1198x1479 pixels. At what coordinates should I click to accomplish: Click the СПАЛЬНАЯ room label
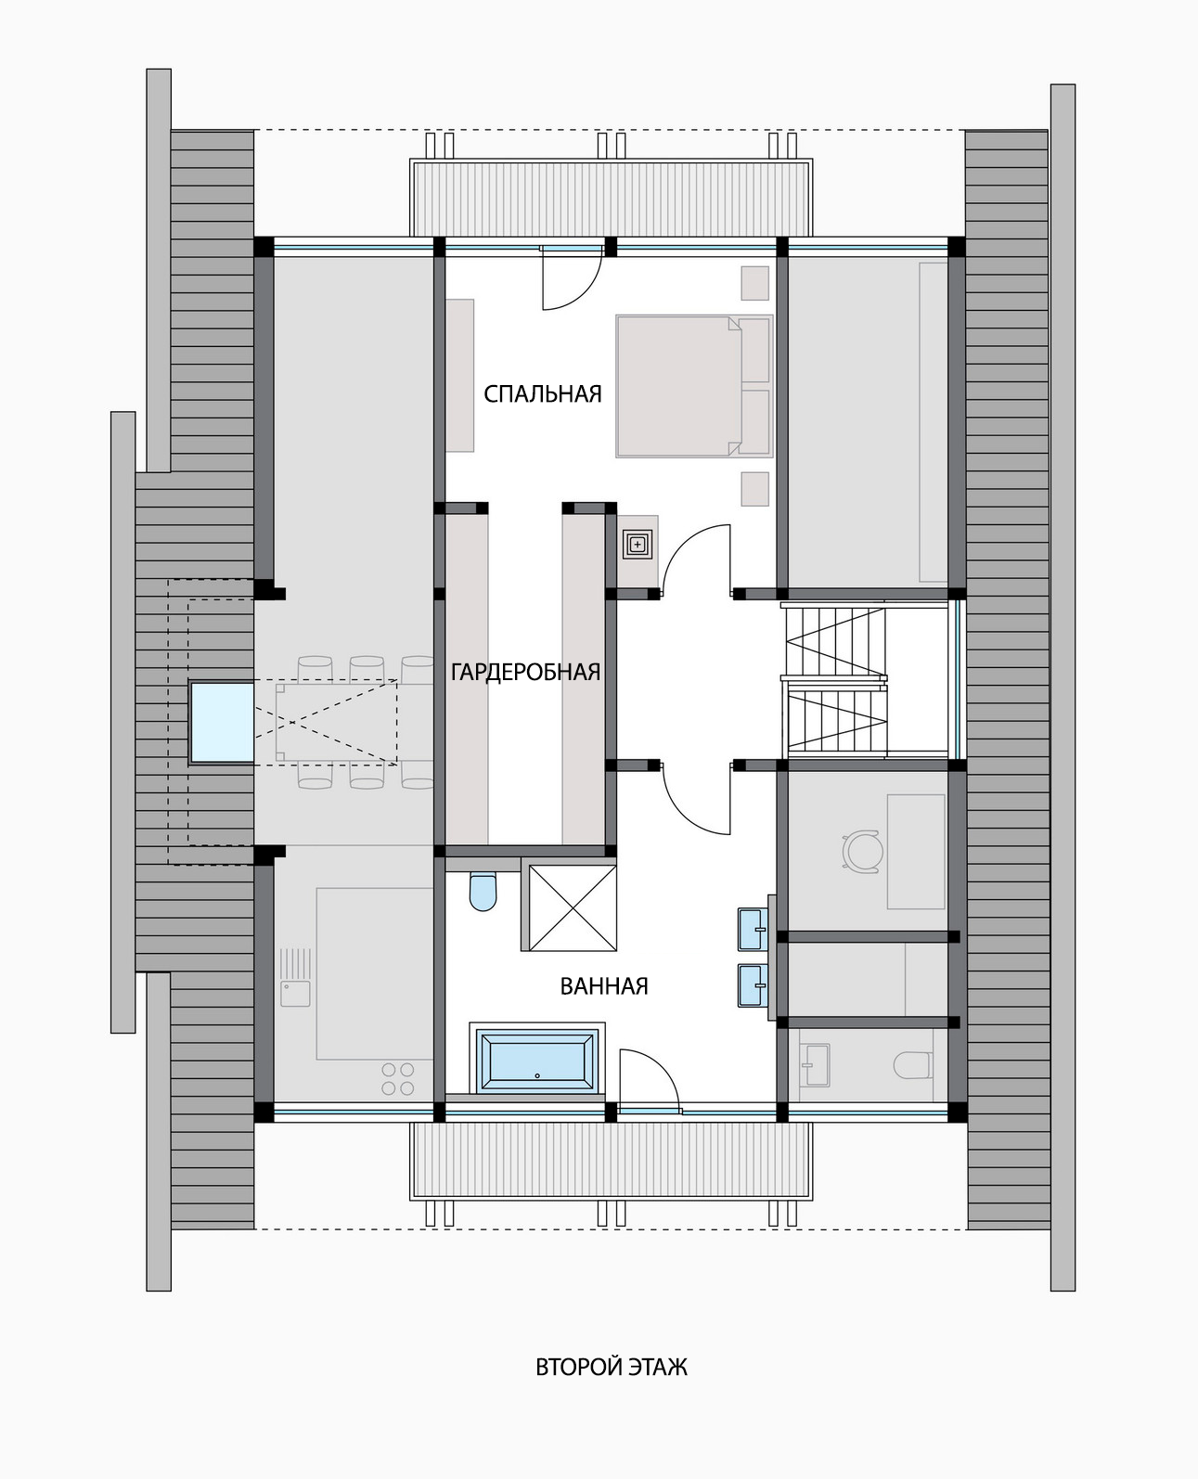[x=543, y=393]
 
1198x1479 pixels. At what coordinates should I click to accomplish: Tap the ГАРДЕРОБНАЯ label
[x=525, y=672]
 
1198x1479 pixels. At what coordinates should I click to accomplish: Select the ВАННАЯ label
[x=604, y=986]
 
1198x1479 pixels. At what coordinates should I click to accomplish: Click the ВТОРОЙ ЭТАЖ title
[x=612, y=1368]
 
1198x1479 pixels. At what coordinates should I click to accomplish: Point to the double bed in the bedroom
[x=694, y=386]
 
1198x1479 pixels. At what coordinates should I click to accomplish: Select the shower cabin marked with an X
[x=573, y=907]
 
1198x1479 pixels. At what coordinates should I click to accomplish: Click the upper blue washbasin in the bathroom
[x=753, y=929]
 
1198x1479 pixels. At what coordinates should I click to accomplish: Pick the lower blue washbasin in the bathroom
[x=753, y=985]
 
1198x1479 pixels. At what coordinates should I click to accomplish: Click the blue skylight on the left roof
[x=222, y=723]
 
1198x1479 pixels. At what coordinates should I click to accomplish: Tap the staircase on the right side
[x=835, y=681]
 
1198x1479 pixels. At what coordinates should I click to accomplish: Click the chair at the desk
[x=862, y=851]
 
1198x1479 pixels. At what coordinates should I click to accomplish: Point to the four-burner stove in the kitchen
[x=398, y=1079]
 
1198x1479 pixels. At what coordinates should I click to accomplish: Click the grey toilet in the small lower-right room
[x=912, y=1066]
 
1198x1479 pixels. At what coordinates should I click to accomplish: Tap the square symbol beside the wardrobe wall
[x=638, y=545]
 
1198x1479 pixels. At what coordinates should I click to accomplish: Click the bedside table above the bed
[x=755, y=283]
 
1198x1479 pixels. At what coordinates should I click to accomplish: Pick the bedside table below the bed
[x=755, y=489]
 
